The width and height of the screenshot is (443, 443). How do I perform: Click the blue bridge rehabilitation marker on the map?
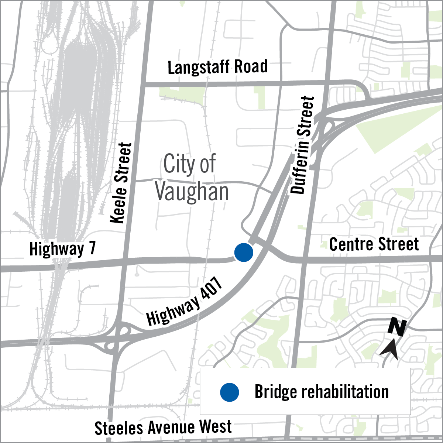(244, 253)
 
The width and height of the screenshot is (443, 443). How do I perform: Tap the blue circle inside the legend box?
(230, 392)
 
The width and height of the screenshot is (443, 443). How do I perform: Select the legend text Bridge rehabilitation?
(322, 392)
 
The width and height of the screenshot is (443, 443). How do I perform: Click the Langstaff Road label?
(217, 67)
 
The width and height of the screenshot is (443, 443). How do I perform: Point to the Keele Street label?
(121, 183)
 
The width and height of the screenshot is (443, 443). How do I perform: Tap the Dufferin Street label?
(302, 145)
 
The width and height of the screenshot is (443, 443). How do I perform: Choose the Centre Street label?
(374, 244)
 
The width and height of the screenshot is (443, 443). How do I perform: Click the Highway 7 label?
(62, 249)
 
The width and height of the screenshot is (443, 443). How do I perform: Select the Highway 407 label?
(184, 302)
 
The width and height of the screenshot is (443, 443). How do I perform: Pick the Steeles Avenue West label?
(163, 427)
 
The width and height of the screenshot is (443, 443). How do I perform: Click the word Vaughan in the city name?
(192, 192)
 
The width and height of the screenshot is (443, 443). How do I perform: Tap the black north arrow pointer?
(389, 349)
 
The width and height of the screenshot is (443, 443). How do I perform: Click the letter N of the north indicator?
(398, 327)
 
